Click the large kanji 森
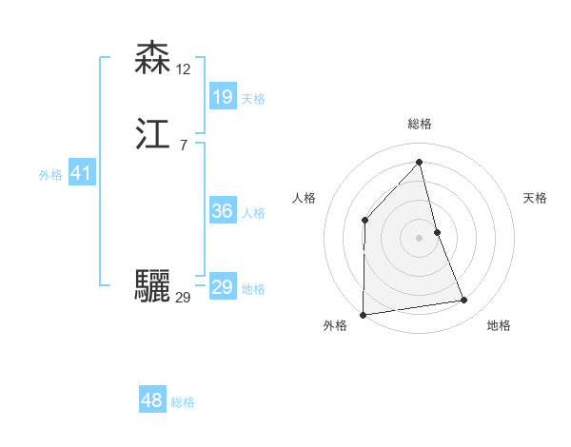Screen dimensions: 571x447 pyautogui.click(x=153, y=58)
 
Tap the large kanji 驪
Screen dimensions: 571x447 pyautogui.click(x=153, y=285)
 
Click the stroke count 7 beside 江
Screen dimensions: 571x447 pyautogui.click(x=183, y=146)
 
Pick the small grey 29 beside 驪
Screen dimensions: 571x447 pyautogui.click(x=183, y=298)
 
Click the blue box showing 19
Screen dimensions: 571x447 pyautogui.click(x=222, y=96)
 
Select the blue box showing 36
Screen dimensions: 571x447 pyautogui.click(x=222, y=211)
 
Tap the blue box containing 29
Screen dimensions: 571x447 pyautogui.click(x=222, y=287)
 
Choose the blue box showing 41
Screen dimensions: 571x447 pyautogui.click(x=81, y=174)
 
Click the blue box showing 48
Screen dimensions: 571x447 pyautogui.click(x=152, y=400)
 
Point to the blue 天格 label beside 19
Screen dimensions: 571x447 pyautogui.click(x=253, y=98)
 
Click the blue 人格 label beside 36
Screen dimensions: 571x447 pyautogui.click(x=253, y=213)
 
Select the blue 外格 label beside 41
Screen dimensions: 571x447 pyautogui.click(x=50, y=175)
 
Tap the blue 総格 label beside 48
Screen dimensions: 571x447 pyautogui.click(x=183, y=402)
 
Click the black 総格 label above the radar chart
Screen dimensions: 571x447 pyautogui.click(x=420, y=124)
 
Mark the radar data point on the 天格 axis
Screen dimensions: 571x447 pyautogui.click(x=437, y=232)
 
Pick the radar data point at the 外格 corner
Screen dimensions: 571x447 pyautogui.click(x=364, y=314)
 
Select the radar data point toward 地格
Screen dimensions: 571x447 pyautogui.click(x=464, y=301)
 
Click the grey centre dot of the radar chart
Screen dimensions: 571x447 pyautogui.click(x=420, y=238)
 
